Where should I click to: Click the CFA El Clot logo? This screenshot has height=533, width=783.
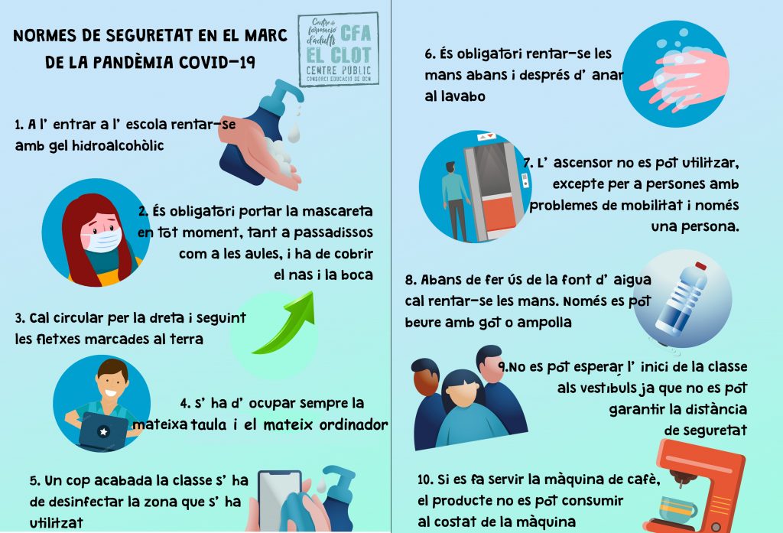coord(338,49)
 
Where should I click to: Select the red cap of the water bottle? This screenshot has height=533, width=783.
coord(700,266)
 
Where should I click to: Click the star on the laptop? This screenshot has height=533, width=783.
coord(103,431)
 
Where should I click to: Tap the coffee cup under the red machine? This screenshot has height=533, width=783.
coord(677,508)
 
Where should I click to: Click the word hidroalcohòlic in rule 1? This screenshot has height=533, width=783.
coord(118,146)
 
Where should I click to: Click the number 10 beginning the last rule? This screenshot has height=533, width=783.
coord(425,479)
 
